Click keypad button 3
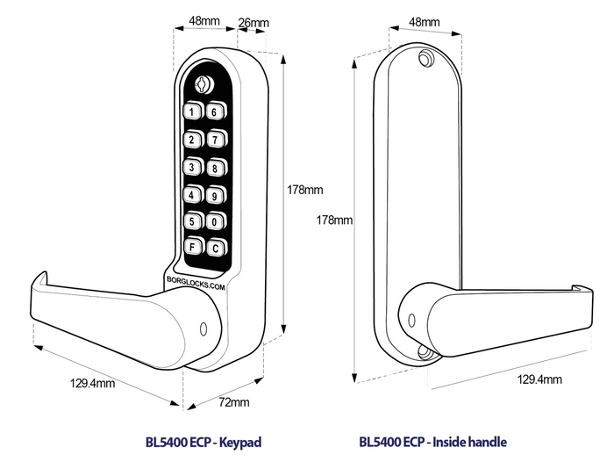[x=192, y=167]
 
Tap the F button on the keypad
[x=192, y=247]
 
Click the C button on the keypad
[x=215, y=247]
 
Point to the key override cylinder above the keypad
[x=203, y=84]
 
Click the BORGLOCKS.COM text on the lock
[x=195, y=282]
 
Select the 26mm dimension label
[x=253, y=20]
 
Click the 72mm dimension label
[x=234, y=402]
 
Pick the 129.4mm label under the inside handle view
[x=539, y=379]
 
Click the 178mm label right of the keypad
[x=306, y=190]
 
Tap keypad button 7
[x=215, y=139]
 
